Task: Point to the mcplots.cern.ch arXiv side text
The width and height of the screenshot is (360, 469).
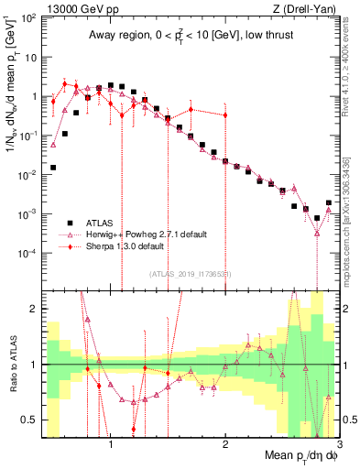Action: point(344,211)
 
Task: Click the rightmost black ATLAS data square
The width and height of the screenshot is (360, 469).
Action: point(328,202)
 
